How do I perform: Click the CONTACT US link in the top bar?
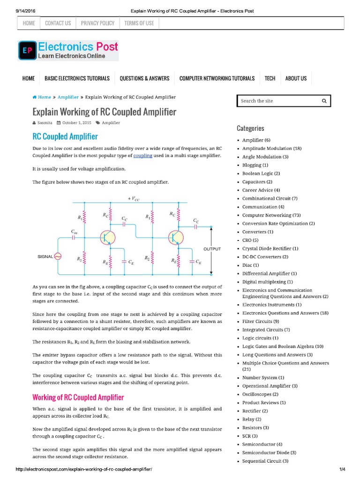(x=58, y=23)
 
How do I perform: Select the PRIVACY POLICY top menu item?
(x=98, y=23)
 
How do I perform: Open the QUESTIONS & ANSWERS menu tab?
(x=144, y=78)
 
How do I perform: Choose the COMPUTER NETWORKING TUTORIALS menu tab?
(x=217, y=78)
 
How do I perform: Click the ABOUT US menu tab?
(x=296, y=78)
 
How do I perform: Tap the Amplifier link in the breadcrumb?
(x=68, y=97)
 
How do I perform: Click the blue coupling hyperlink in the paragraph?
(x=142, y=155)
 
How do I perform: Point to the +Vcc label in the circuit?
(x=134, y=199)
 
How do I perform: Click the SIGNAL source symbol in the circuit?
(x=58, y=256)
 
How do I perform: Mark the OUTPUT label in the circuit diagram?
(x=212, y=249)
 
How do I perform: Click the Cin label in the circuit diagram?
(x=74, y=231)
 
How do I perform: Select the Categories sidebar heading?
(x=250, y=128)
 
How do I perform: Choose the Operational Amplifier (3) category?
(x=270, y=386)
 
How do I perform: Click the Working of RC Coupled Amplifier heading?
(x=78, y=397)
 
